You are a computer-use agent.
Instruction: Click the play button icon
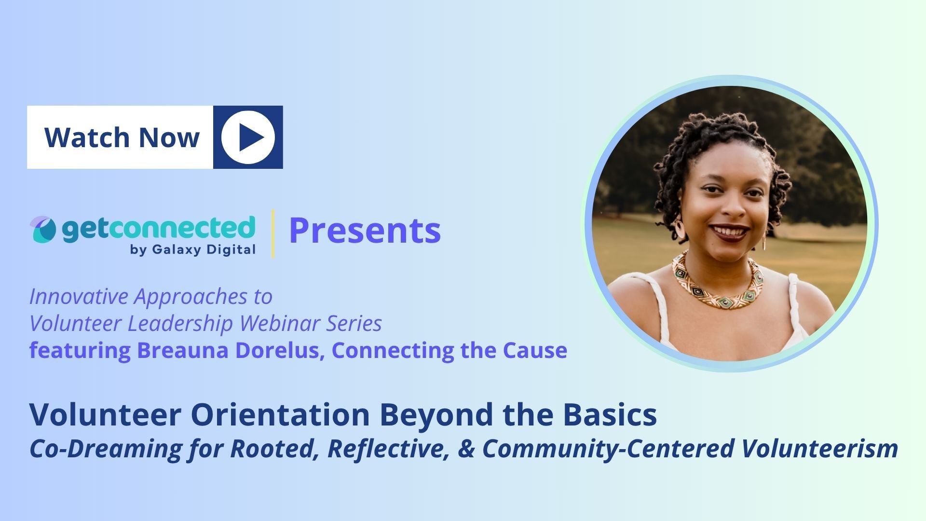click(x=248, y=137)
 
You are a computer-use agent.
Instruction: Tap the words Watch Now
click(x=122, y=137)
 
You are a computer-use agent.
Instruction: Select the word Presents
click(x=365, y=231)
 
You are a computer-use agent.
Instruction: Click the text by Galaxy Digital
click(x=193, y=250)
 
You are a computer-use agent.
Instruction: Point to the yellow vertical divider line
click(x=273, y=233)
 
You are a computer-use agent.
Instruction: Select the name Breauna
click(x=177, y=350)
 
